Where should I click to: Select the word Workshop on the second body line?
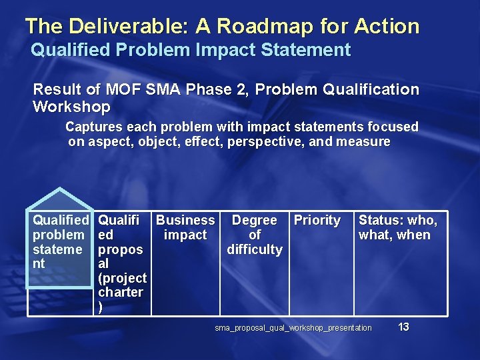point(71,107)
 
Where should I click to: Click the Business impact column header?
point(185,227)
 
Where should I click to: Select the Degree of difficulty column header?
point(254,235)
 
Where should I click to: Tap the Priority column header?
point(317,220)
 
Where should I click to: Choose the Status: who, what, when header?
point(398,227)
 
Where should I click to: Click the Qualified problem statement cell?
point(60,241)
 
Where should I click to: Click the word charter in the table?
point(120,292)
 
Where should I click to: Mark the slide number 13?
point(403,327)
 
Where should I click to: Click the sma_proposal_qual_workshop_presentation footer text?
point(293,328)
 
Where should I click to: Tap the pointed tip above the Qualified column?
point(60,190)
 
